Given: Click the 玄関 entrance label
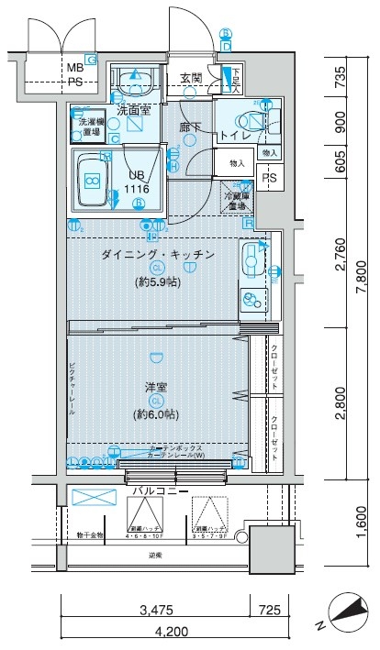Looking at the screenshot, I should (x=191, y=78).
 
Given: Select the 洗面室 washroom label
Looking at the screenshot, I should (x=134, y=111).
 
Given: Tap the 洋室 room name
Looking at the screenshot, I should (x=156, y=387).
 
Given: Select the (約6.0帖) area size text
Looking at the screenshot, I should (x=157, y=413).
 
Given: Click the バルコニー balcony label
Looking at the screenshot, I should (x=162, y=492).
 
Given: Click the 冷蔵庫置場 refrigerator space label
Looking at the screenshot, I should (x=238, y=199).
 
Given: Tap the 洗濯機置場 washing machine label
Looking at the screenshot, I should (x=90, y=126).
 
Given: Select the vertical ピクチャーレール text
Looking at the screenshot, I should (x=72, y=390).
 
